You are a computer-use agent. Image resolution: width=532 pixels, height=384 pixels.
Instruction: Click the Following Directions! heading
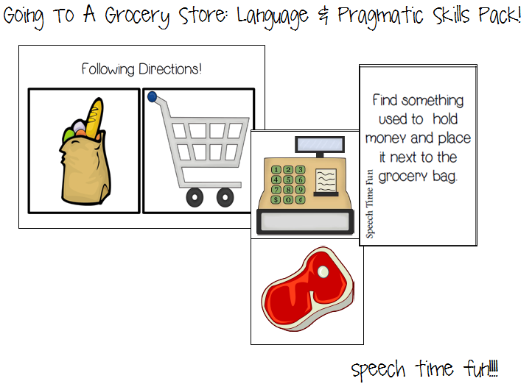coord(141,70)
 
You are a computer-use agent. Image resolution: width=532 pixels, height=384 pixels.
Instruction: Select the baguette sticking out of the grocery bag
coord(92,118)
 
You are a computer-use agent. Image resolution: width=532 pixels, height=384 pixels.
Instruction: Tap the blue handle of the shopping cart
coord(152,96)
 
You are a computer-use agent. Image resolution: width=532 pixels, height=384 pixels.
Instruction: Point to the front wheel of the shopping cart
coord(194,196)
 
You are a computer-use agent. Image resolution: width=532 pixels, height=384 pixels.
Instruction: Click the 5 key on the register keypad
coord(289,179)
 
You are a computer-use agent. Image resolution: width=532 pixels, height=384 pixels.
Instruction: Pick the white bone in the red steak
coord(322,272)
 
